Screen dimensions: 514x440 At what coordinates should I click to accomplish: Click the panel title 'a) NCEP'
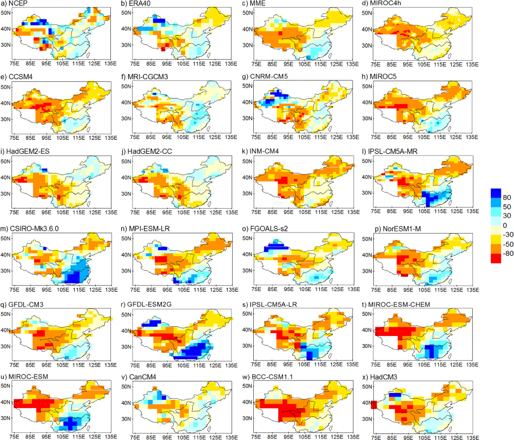tap(14, 3)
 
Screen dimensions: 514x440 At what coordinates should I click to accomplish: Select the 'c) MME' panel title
tap(254, 3)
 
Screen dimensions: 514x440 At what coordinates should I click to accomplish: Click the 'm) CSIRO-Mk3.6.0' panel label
tap(30, 229)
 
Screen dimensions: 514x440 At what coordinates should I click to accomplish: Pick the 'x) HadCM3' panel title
tap(380, 377)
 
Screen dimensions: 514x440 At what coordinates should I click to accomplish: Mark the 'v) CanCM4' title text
tap(139, 377)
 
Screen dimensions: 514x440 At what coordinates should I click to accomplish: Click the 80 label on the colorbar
tap(507, 197)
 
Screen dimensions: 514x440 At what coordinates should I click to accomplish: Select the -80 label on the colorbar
tap(508, 253)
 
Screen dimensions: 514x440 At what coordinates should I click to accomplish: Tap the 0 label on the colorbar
tap(505, 225)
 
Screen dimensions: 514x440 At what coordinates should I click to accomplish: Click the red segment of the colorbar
tap(496, 258)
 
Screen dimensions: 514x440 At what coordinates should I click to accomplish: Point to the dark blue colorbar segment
tap(496, 193)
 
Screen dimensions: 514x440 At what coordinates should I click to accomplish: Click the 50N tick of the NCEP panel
tap(5, 13)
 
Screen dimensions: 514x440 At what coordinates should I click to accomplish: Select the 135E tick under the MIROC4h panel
tap(472, 64)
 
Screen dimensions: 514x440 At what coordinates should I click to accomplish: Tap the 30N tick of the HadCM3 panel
tap(367, 419)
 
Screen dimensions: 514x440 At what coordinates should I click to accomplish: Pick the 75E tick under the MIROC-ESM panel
tap(14, 437)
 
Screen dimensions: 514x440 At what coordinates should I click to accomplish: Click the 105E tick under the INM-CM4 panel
tap(305, 212)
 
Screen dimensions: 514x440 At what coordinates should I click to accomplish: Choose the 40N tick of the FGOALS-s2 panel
tap(247, 255)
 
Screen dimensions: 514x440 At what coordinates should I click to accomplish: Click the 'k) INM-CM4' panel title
tap(260, 151)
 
